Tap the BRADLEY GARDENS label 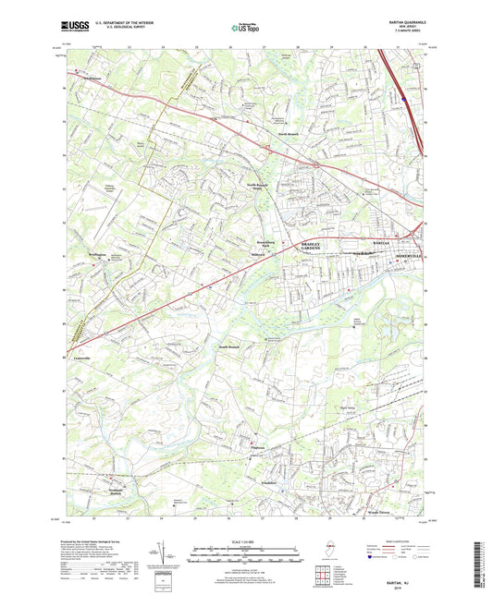pos(311,248)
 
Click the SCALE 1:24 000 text pos(246,540)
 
